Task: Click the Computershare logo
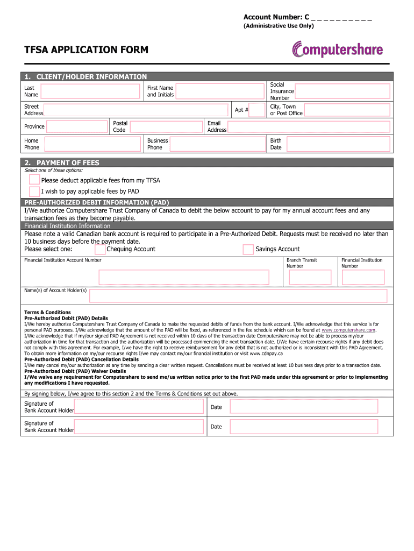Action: tap(338, 50)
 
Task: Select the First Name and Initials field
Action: tap(220, 91)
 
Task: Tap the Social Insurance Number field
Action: tap(342, 91)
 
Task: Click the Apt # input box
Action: tap(258, 110)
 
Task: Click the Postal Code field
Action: tap(167, 127)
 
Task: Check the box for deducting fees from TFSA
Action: tap(34, 180)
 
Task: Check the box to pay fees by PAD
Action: tap(34, 191)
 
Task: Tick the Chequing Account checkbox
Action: tap(100, 249)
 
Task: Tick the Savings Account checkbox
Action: tap(248, 249)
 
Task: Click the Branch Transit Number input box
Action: tap(310, 277)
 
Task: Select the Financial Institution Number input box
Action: tap(363, 277)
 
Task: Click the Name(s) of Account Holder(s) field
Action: tap(238, 296)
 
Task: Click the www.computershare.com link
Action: tap(348, 330)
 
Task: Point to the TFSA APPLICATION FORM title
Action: tap(86, 50)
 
